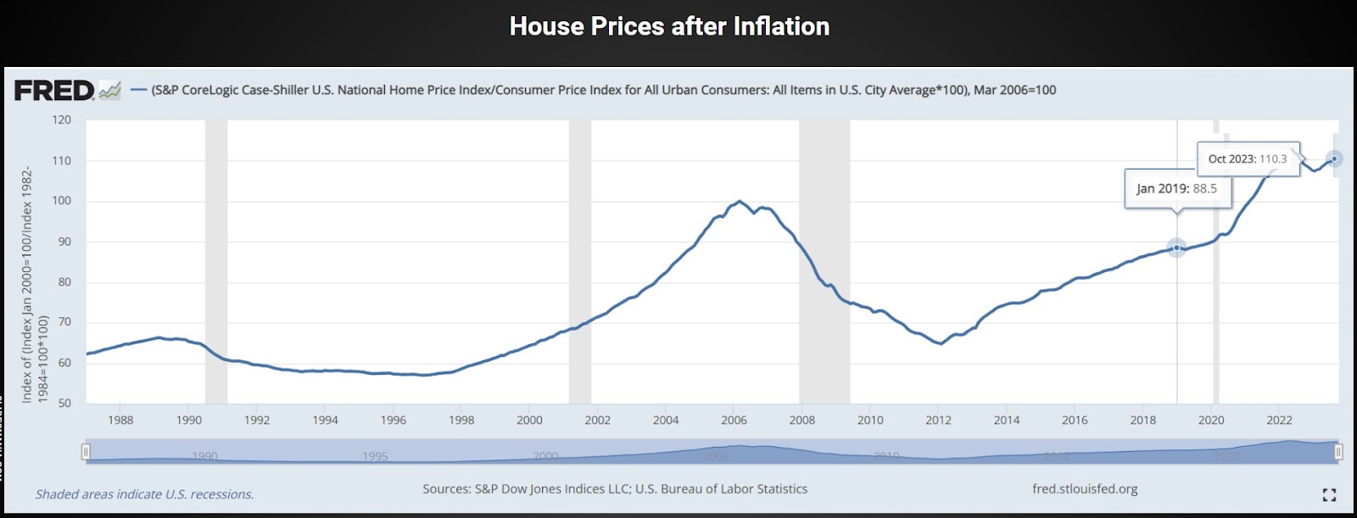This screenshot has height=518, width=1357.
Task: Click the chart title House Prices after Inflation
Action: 669,27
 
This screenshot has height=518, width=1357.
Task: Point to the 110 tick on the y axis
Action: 62,160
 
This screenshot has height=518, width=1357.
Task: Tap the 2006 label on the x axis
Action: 734,421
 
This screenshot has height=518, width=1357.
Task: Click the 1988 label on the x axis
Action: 120,421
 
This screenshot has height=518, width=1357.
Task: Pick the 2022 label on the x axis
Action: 1279,421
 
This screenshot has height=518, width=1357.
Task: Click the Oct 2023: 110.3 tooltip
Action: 1247,159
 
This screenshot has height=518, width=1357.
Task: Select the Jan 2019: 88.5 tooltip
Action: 1176,189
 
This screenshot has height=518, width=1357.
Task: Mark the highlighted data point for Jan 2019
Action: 1176,248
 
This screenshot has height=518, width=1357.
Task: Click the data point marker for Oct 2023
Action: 1335,159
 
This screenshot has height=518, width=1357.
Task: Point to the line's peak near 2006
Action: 739,201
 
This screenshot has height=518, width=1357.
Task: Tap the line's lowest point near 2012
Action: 941,343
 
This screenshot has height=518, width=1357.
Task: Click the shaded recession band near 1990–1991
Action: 216,263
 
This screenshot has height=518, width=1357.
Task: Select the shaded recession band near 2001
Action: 580,263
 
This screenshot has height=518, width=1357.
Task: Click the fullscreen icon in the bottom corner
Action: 1329,494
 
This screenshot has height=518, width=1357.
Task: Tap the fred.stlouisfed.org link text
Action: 1085,489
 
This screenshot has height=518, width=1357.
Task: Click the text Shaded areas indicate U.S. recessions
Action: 144,494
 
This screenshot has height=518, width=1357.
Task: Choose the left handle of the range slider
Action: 86,452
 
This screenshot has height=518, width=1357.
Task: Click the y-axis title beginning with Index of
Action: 34,284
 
